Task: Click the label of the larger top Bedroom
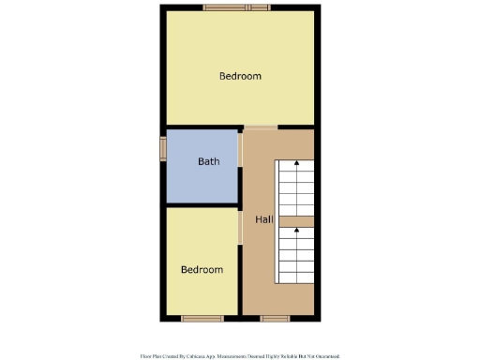(x=240, y=76)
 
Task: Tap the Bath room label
(x=209, y=161)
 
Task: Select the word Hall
(x=264, y=218)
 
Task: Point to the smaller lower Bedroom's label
(x=202, y=270)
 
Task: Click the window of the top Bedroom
(x=238, y=8)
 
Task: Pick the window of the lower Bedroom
(x=202, y=319)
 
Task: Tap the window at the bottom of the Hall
(x=276, y=319)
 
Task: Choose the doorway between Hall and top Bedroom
(x=261, y=127)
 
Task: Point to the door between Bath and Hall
(x=241, y=169)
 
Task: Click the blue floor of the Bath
(x=202, y=183)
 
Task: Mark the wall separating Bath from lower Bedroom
(x=202, y=204)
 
